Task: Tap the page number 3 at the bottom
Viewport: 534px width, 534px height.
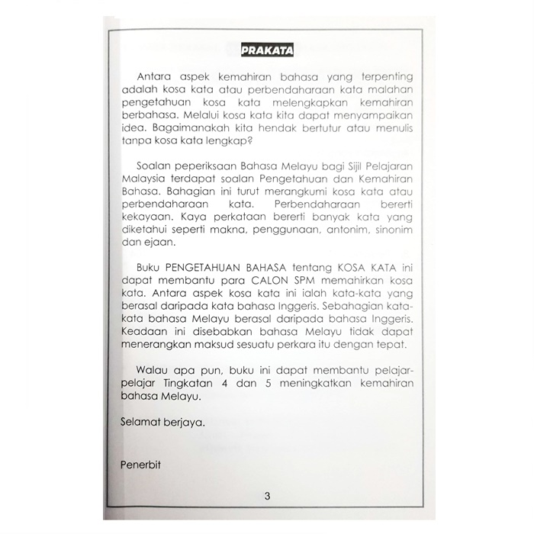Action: (267, 497)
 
